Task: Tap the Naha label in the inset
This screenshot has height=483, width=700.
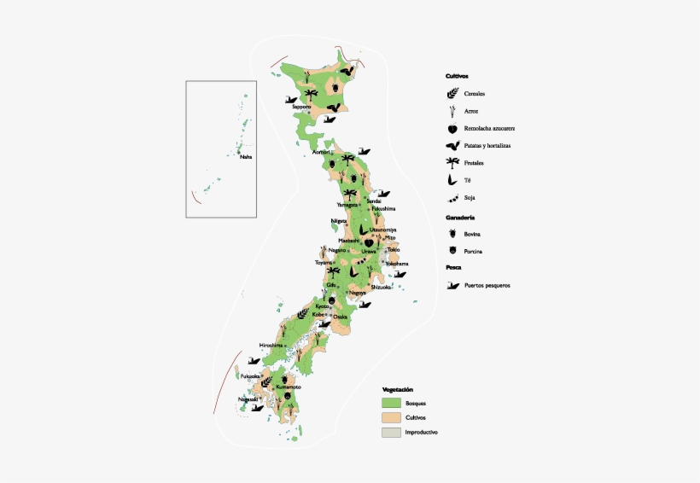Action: pos(246,156)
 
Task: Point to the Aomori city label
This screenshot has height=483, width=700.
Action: pos(321,152)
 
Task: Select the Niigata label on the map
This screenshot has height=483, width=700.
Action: pos(339,221)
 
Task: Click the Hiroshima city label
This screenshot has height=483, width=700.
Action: pos(271,345)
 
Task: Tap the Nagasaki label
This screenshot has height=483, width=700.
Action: pos(248,399)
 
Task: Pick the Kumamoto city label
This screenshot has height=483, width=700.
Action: pos(289,387)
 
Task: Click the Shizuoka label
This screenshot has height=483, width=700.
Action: pos(381,288)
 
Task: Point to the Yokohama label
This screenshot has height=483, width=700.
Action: pos(396,264)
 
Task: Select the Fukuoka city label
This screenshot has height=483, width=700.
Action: pos(250,375)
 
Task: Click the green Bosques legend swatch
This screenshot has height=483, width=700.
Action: pos(391,402)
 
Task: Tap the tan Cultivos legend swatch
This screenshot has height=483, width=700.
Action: pos(391,417)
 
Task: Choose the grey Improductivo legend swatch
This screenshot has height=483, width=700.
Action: pos(391,433)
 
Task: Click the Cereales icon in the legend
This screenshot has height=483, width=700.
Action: pos(452,94)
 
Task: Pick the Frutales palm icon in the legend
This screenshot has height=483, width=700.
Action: pos(452,162)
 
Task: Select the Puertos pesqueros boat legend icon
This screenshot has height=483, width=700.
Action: pos(452,285)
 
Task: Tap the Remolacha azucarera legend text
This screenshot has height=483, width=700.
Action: pos(489,128)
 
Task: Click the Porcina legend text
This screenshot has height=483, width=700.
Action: pos(474,251)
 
